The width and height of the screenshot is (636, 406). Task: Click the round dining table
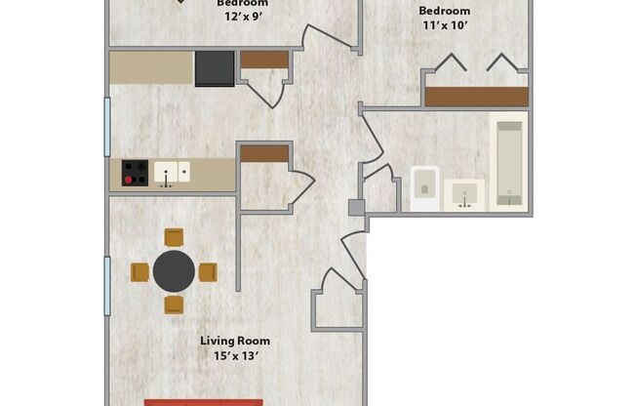pyautogui.click(x=174, y=271)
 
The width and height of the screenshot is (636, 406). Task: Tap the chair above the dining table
pyautogui.click(x=174, y=237)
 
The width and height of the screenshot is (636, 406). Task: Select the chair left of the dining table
pyautogui.click(x=139, y=272)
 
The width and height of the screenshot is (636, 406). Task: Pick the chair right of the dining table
pyautogui.click(x=208, y=272)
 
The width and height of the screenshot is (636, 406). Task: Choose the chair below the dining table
pyautogui.click(x=174, y=304)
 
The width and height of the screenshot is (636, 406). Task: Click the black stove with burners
pyautogui.click(x=135, y=173)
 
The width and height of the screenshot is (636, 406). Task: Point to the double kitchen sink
pyautogui.click(x=172, y=173)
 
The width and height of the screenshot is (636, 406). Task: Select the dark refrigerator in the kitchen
pyautogui.click(x=215, y=68)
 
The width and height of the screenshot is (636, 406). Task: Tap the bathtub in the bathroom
pyautogui.click(x=507, y=163)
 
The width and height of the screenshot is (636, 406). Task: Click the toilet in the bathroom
pyautogui.click(x=424, y=188)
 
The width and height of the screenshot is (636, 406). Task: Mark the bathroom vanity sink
pyautogui.click(x=465, y=195)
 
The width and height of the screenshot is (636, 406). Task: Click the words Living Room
pyautogui.click(x=235, y=341)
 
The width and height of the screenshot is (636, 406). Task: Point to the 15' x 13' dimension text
pyautogui.click(x=235, y=355)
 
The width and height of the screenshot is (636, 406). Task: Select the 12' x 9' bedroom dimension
pyautogui.click(x=242, y=17)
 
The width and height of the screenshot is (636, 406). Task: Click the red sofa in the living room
pyautogui.click(x=204, y=401)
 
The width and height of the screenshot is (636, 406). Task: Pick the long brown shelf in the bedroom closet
pyautogui.click(x=476, y=97)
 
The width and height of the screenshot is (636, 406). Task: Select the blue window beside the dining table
pyautogui.click(x=106, y=284)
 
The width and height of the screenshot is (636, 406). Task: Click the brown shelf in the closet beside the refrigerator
pyautogui.click(x=264, y=60)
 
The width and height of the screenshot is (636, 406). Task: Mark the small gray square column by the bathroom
pyautogui.click(x=356, y=207)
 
